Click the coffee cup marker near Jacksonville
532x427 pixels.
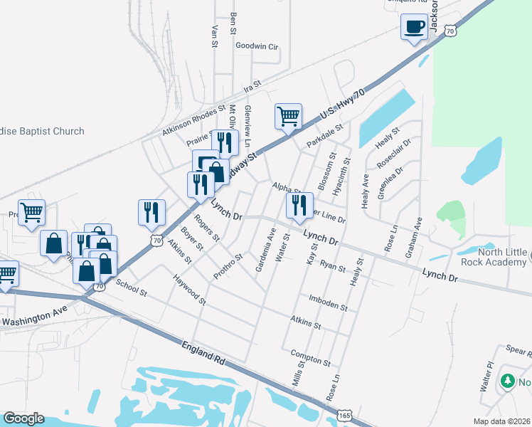click(414, 28)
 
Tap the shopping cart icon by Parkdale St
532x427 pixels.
click(288, 116)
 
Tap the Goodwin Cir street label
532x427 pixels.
click(257, 46)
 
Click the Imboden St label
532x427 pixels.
click(328, 303)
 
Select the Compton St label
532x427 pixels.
click(310, 357)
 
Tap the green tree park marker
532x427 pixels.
click(507, 381)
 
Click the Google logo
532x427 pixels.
click(23, 418)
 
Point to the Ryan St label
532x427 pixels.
click(332, 266)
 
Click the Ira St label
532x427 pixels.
click(252, 87)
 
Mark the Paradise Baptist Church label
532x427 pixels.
click(43, 131)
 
